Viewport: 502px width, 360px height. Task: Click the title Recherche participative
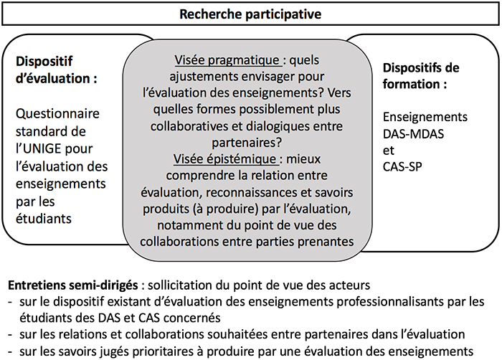(250, 14)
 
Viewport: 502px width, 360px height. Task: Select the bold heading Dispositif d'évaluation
(57, 70)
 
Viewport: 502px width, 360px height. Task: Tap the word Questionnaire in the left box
(57, 114)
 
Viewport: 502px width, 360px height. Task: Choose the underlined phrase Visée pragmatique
(227, 60)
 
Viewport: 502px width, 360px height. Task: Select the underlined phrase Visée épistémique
(225, 159)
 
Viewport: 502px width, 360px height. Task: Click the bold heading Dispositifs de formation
(421, 76)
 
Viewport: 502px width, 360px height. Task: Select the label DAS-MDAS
(413, 134)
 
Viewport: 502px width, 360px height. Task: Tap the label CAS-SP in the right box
(402, 166)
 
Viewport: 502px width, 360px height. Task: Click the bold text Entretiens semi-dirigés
(73, 285)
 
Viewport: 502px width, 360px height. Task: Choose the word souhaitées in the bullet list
(237, 334)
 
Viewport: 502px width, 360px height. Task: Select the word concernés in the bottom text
(194, 318)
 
